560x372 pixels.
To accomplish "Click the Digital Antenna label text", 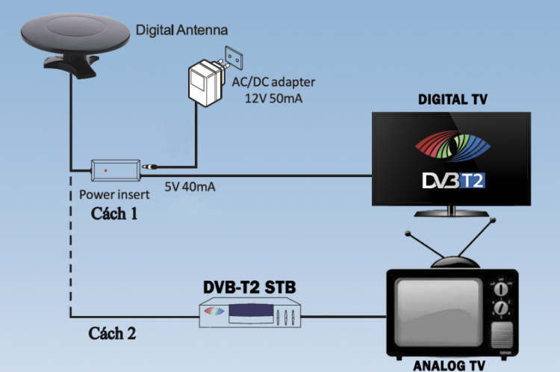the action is [181, 30].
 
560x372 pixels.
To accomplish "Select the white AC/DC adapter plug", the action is [206, 83].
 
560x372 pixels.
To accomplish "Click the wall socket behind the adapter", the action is [234, 58].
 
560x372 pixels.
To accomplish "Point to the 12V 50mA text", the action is [273, 99].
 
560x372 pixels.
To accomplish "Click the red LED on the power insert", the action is [105, 170].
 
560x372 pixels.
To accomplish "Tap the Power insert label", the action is [114, 194].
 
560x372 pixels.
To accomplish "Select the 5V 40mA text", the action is [190, 187].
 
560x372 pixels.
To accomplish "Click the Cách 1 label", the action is [114, 214].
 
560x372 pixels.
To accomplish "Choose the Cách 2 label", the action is [112, 333].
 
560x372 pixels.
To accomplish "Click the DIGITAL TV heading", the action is [453, 99].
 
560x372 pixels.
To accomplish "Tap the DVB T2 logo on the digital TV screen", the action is [453, 181].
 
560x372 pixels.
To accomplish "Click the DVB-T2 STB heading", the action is [249, 287].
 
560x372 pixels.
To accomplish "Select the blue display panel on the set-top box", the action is [252, 310].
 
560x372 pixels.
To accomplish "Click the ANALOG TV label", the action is [449, 365].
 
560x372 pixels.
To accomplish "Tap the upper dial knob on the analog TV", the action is [501, 288].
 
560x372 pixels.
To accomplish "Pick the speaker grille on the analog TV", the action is [502, 335].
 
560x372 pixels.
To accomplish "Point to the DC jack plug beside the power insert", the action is [150, 167].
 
